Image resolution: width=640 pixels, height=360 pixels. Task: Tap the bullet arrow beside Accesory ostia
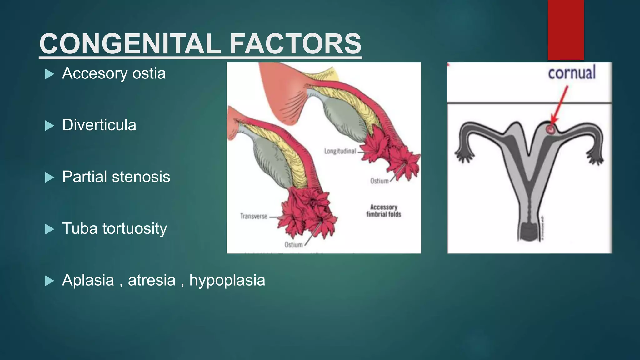pyautogui.click(x=50, y=74)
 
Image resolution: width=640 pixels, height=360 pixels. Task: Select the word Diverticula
pyautogui.click(x=99, y=125)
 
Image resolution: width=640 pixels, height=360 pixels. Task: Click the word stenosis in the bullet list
pyautogui.click(x=141, y=177)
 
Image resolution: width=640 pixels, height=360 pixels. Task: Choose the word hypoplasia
pyautogui.click(x=227, y=280)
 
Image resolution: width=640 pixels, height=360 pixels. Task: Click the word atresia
pyautogui.click(x=152, y=280)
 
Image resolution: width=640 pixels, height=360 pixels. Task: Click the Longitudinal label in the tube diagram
pyautogui.click(x=340, y=151)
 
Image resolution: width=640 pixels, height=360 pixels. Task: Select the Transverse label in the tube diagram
pyautogui.click(x=254, y=216)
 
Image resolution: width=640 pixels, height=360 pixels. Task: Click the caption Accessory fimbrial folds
pyautogui.click(x=384, y=211)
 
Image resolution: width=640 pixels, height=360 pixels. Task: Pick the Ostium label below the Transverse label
pyautogui.click(x=293, y=245)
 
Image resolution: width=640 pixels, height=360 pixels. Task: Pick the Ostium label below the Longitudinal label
pyautogui.click(x=379, y=181)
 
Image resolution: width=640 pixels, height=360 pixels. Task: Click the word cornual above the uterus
pyautogui.click(x=572, y=73)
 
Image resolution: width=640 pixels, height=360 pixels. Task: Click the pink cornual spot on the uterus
pyautogui.click(x=551, y=128)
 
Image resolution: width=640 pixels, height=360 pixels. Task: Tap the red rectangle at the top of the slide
pyautogui.click(x=566, y=30)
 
